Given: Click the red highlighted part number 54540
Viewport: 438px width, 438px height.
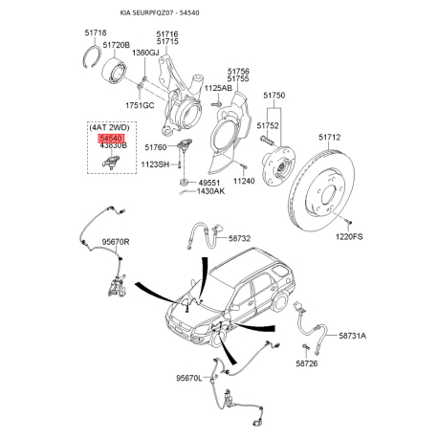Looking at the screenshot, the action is point(111,139).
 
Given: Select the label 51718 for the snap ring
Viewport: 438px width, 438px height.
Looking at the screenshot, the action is point(96,33).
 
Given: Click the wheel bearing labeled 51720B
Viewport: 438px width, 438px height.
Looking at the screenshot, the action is point(115,73).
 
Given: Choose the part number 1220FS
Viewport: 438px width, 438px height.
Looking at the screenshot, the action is point(349,237).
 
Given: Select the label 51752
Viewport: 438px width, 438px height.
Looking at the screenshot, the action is point(268,125).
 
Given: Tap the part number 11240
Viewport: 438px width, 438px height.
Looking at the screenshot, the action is point(244,181).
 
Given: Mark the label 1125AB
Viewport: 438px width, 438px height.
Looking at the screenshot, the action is point(218,88).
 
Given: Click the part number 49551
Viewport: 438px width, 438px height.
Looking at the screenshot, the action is point(209,183).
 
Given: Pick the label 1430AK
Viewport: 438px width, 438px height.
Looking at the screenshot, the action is point(210,191).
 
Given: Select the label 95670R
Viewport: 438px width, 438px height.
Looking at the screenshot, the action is point(116,242).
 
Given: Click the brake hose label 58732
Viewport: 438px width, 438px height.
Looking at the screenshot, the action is point(239,238).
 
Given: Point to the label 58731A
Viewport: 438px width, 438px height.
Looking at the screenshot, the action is point(353,336).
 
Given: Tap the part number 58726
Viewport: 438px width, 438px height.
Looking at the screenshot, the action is point(307,363).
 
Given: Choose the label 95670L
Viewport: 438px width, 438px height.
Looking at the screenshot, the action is point(189,379).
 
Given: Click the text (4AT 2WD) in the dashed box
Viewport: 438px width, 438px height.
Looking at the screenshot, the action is point(109,128).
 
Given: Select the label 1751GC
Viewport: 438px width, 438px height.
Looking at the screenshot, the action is point(140,105).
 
